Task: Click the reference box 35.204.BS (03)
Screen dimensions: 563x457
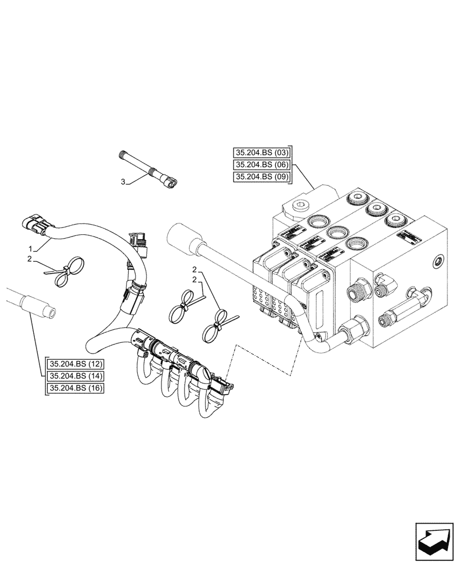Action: tap(262, 152)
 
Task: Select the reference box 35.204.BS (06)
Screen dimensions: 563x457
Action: tap(262, 165)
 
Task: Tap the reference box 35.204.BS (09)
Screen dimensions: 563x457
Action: tap(262, 178)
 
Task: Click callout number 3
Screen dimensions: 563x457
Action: tap(123, 181)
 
